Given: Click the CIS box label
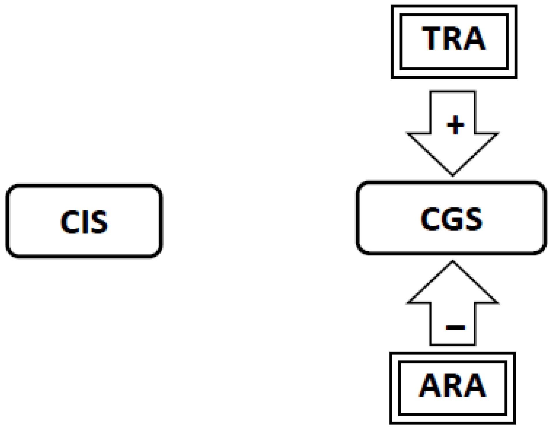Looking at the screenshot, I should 84,221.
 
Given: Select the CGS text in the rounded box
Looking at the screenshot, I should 451,219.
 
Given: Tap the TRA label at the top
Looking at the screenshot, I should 454,38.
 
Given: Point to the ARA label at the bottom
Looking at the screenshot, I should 452,385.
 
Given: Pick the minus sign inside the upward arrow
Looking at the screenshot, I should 455,327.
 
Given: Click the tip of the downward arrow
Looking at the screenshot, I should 453,174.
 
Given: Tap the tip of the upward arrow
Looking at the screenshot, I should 453,262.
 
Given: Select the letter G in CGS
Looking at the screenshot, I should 452,219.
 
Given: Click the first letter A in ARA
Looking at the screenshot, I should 430,385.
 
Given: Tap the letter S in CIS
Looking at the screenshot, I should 98,221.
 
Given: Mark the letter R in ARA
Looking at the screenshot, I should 452,385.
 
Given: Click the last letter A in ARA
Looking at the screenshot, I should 475,385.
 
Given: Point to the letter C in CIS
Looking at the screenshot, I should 69,221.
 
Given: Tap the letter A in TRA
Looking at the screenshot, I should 475,38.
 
